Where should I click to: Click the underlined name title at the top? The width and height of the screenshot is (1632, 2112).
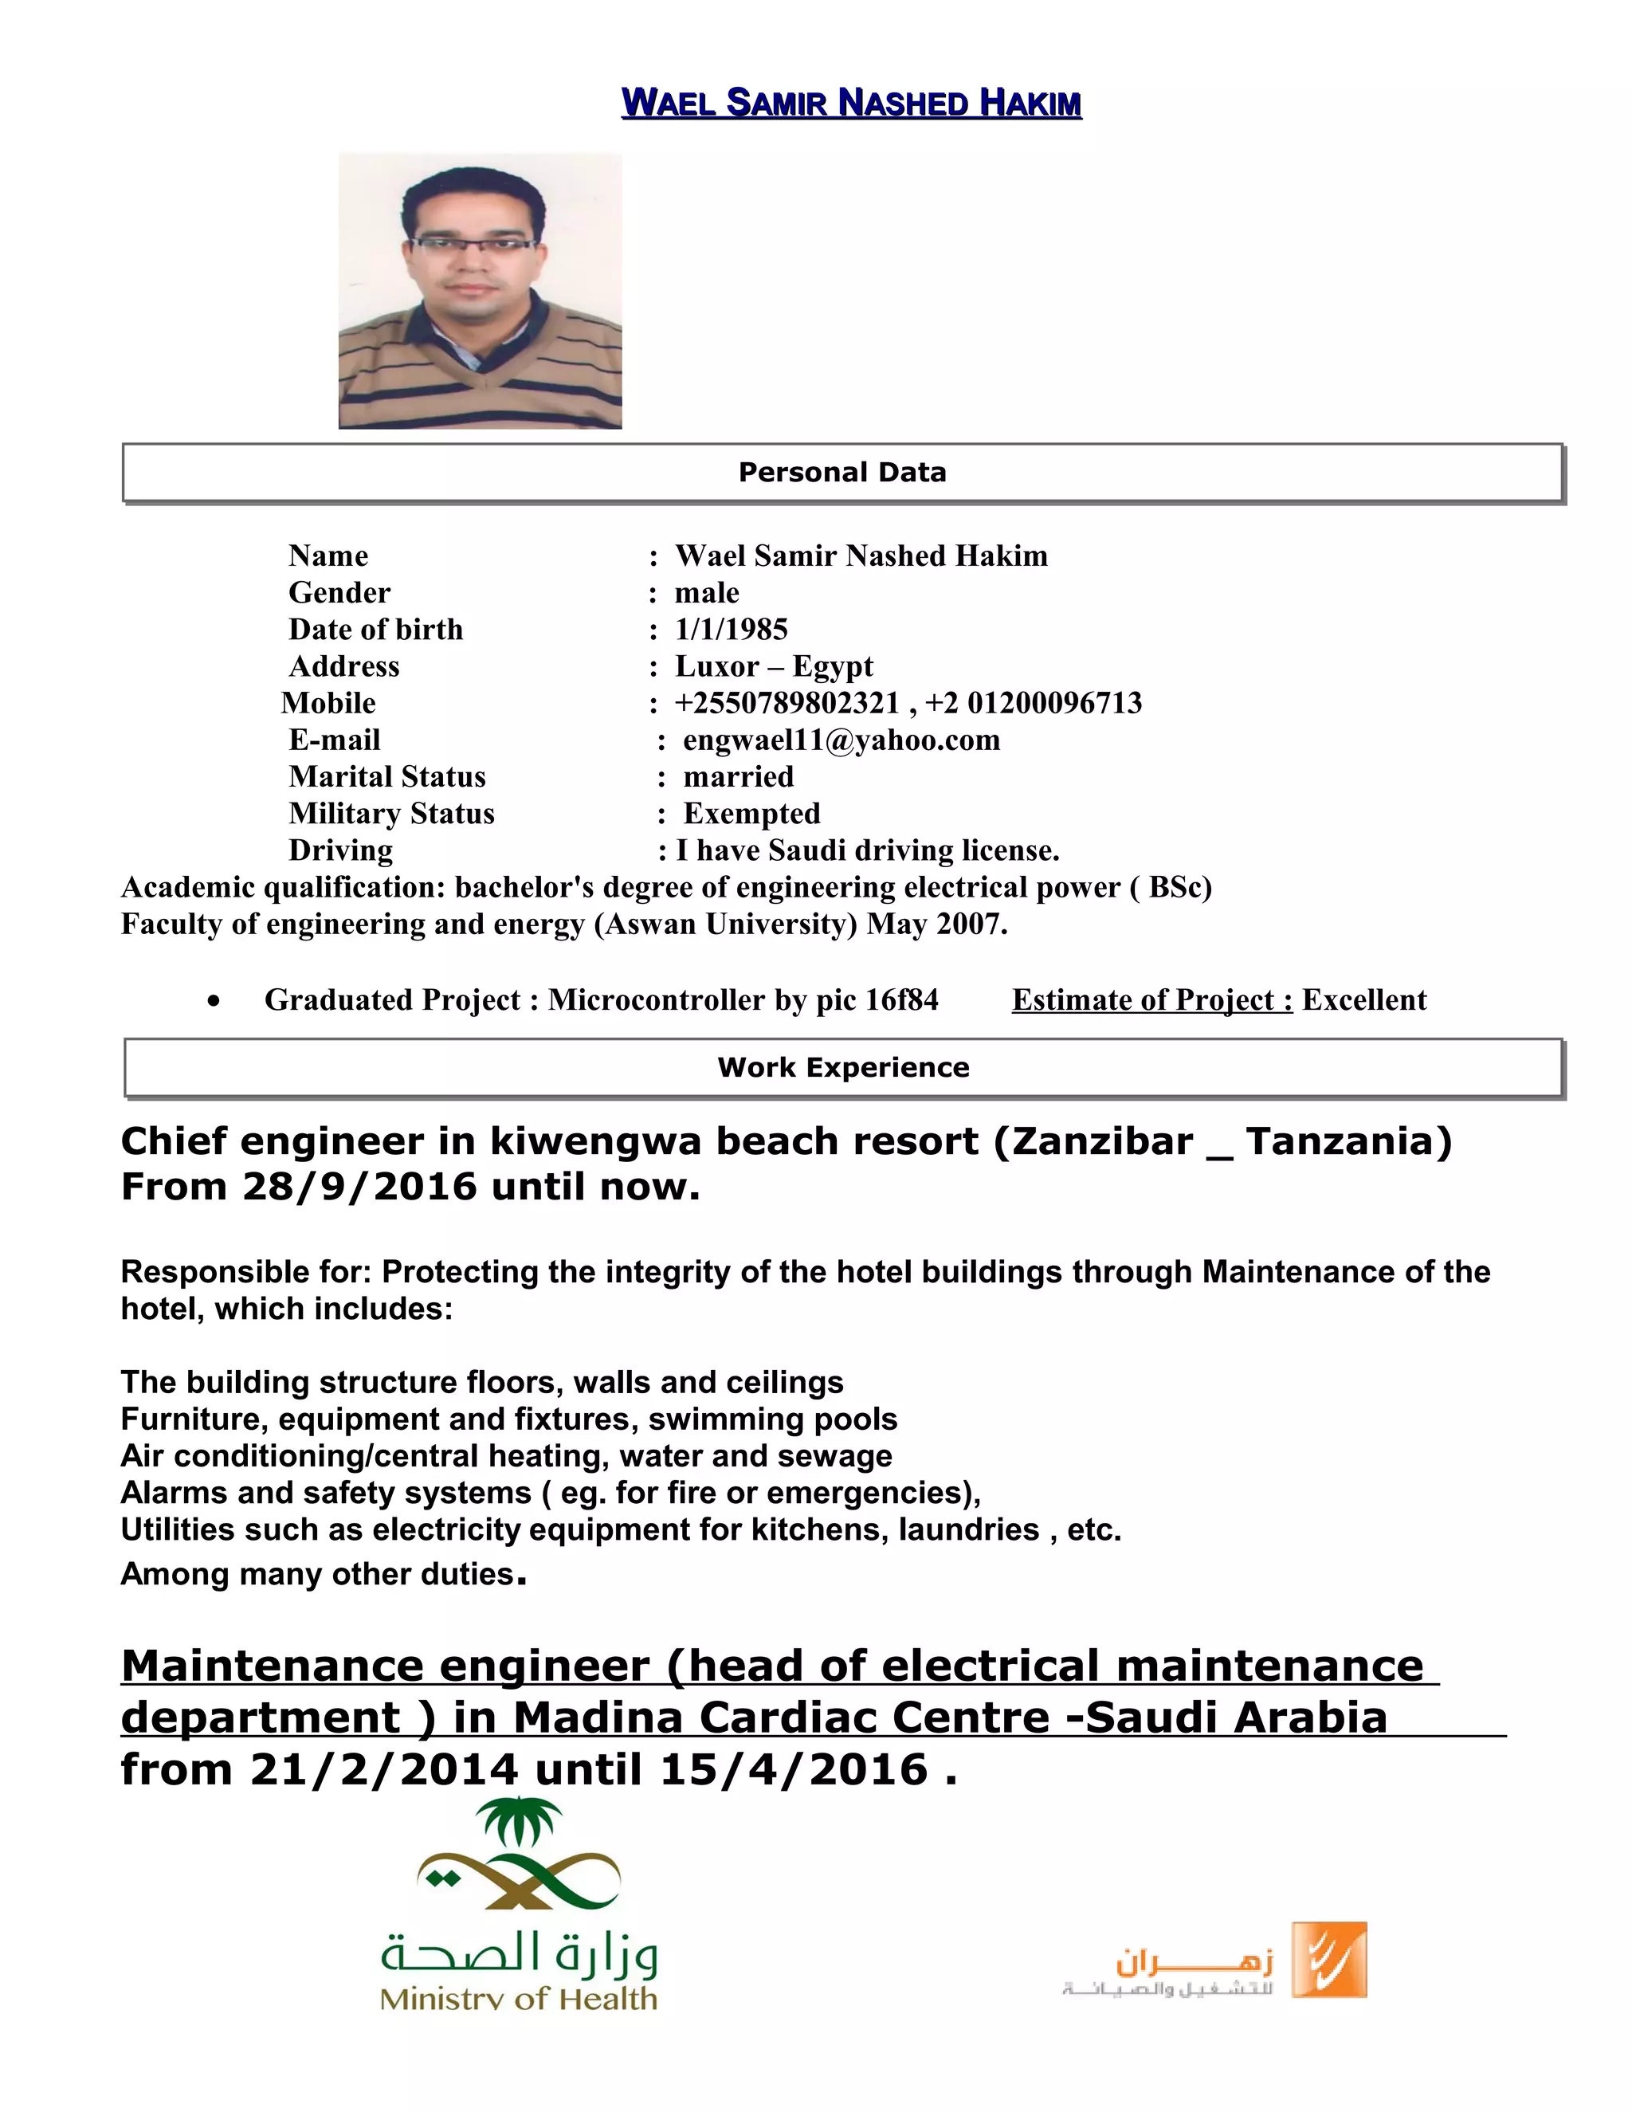pos(851,103)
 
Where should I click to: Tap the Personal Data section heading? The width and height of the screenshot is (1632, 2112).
pos(842,472)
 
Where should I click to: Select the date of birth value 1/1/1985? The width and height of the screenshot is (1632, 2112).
pos(731,630)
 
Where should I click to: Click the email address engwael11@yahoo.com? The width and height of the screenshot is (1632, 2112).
pos(841,740)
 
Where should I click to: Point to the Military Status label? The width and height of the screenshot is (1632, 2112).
pos(390,813)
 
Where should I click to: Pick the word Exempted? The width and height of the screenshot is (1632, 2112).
pos(751,813)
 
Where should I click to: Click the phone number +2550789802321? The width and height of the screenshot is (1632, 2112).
pos(787,703)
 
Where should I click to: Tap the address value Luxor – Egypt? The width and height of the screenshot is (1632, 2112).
pos(774,666)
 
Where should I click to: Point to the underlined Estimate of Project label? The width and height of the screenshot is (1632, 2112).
pos(1151,1000)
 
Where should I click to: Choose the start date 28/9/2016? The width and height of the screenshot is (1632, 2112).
pos(359,1187)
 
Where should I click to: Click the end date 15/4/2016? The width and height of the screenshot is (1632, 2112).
pos(793,1769)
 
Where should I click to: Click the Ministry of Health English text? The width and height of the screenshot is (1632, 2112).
pos(518,1998)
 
